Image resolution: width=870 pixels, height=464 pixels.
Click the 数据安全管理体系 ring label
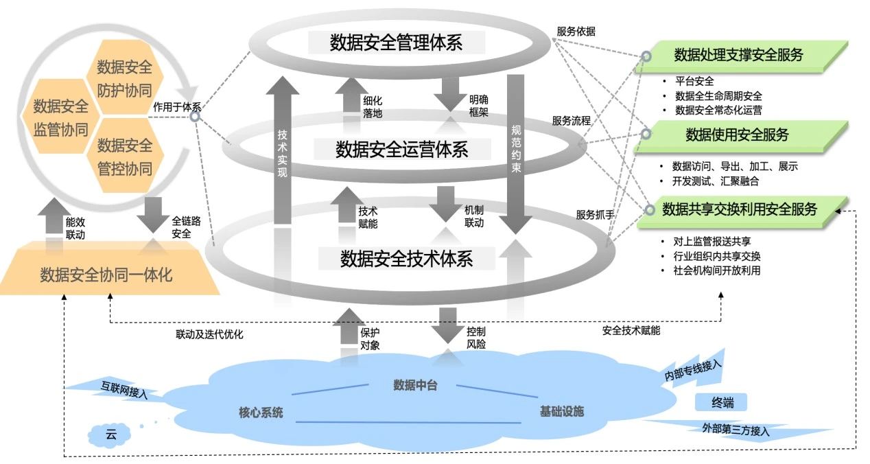click(397, 43)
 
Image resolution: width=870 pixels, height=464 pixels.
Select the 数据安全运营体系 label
click(401, 149)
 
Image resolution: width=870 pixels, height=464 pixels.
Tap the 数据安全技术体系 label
click(407, 259)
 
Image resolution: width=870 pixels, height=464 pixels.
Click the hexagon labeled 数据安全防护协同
click(124, 78)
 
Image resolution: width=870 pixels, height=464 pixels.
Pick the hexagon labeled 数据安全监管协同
click(60, 117)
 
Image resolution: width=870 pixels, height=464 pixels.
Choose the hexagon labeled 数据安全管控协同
click(124, 156)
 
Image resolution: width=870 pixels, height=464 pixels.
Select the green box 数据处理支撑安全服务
click(738, 56)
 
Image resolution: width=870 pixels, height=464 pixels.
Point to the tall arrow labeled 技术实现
click(282, 151)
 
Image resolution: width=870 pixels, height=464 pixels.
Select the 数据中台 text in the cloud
click(415, 384)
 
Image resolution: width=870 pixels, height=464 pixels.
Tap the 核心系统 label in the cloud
click(261, 412)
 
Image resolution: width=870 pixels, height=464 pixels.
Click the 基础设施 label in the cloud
click(561, 411)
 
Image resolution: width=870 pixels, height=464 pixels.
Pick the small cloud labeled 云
click(110, 434)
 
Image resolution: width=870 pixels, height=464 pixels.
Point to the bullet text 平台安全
click(694, 81)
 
